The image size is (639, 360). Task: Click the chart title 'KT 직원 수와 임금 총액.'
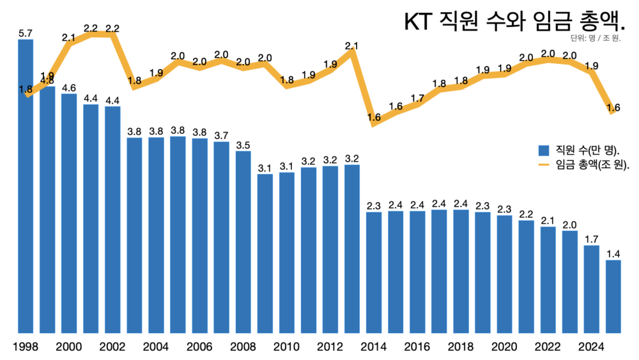coord(514,21)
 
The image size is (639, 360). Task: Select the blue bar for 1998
coord(26,185)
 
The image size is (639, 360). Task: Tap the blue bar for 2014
coord(374,272)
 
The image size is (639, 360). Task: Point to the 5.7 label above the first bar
coord(26,33)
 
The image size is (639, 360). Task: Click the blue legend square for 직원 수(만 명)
coord(544,150)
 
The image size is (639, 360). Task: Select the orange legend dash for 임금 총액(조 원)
coord(544,164)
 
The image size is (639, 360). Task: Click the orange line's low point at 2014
coord(374,123)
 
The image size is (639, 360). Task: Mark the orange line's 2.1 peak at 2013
coord(352,50)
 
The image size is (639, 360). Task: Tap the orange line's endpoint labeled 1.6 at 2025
coord(613,111)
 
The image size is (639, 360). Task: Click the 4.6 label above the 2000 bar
coord(69,88)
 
